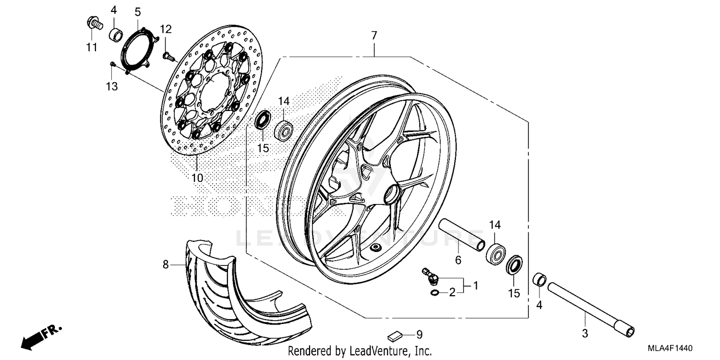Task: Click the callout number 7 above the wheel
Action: [374, 35]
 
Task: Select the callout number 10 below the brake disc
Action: [197, 178]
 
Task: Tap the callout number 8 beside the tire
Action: [166, 264]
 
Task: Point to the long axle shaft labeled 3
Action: [590, 307]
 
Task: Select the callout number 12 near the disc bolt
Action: [166, 29]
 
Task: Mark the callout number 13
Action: [111, 86]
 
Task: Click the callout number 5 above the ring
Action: [138, 11]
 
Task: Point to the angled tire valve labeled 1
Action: [430, 275]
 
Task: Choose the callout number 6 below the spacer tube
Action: [457, 260]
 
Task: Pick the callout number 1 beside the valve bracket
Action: [475, 286]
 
